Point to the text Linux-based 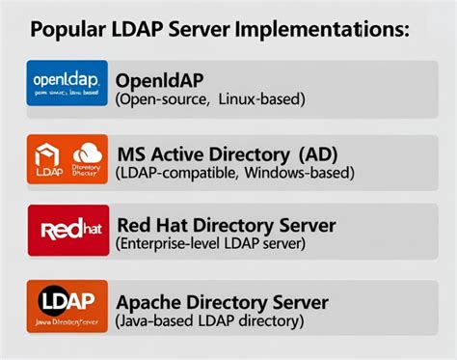pyautogui.click(x=260, y=98)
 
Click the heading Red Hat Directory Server pyautogui.click(x=226, y=226)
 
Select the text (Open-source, pyautogui.click(x=161, y=98)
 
